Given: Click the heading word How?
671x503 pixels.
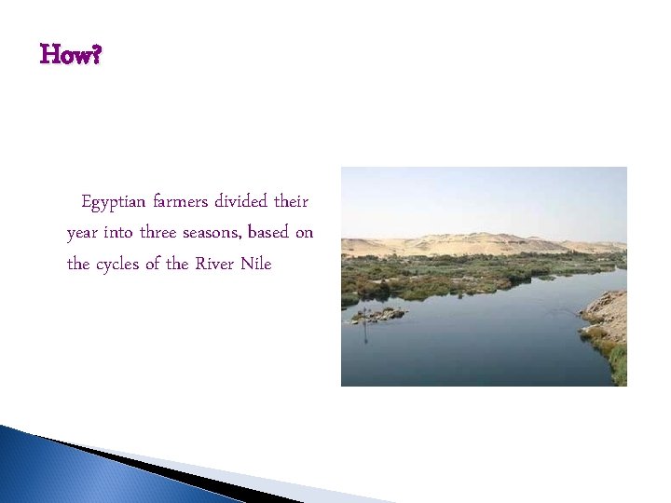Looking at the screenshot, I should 71,56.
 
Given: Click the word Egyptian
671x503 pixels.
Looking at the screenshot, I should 115,202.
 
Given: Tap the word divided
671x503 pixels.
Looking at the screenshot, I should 241,201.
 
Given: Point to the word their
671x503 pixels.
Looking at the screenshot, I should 292,201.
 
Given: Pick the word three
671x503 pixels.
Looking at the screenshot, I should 163,232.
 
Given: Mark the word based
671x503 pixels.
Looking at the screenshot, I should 273,232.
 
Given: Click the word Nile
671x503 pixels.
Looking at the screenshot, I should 256,264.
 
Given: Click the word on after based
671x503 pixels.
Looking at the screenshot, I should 304,233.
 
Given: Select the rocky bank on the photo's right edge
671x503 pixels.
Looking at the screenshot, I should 609,317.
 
